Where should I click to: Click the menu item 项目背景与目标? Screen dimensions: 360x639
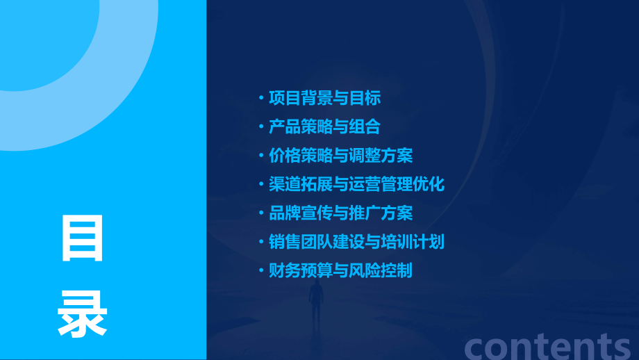tap(324, 98)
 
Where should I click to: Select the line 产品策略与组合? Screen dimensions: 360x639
tap(324, 126)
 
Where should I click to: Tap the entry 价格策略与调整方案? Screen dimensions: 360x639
tap(340, 155)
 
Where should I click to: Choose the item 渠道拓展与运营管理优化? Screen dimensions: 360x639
tap(356, 184)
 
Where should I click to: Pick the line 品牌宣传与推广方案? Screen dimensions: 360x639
tap(340, 213)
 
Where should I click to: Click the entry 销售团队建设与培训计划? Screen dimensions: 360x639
tap(356, 242)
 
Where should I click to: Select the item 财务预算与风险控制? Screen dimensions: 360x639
tap(340, 270)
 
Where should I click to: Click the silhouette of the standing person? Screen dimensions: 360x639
tap(316, 302)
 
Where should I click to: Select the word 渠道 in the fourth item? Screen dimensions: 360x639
tap(285, 184)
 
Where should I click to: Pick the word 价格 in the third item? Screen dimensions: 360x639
tap(285, 155)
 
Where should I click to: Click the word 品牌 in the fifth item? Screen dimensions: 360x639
tap(285, 213)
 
